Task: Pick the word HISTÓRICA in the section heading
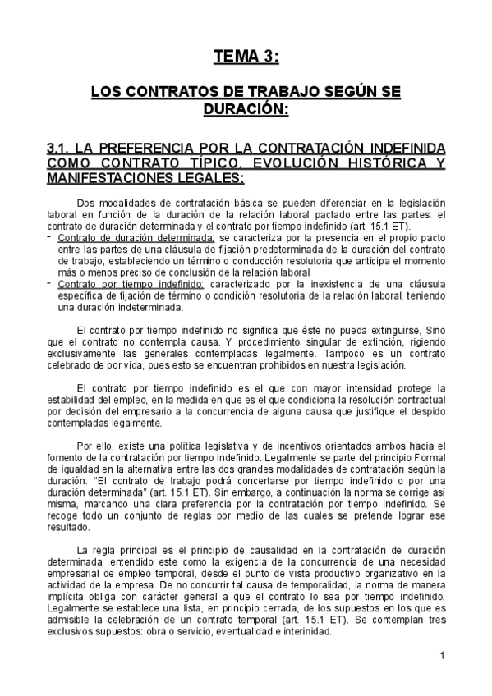coord(370,163)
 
